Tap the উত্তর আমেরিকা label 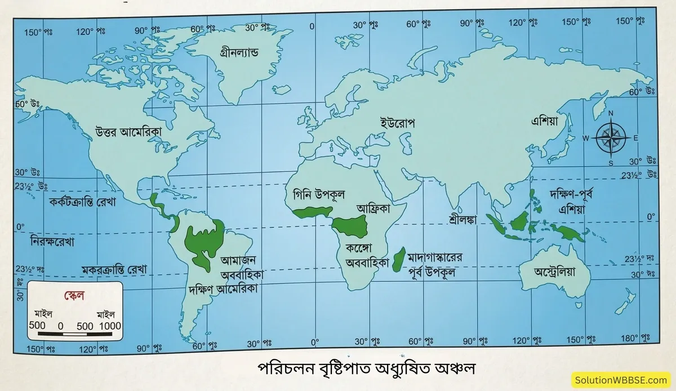point(129,131)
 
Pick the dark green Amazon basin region point(204,242)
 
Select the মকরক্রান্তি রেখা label point(114,269)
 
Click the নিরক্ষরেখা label point(53,242)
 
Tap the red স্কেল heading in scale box point(73,295)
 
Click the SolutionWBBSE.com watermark point(622,380)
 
